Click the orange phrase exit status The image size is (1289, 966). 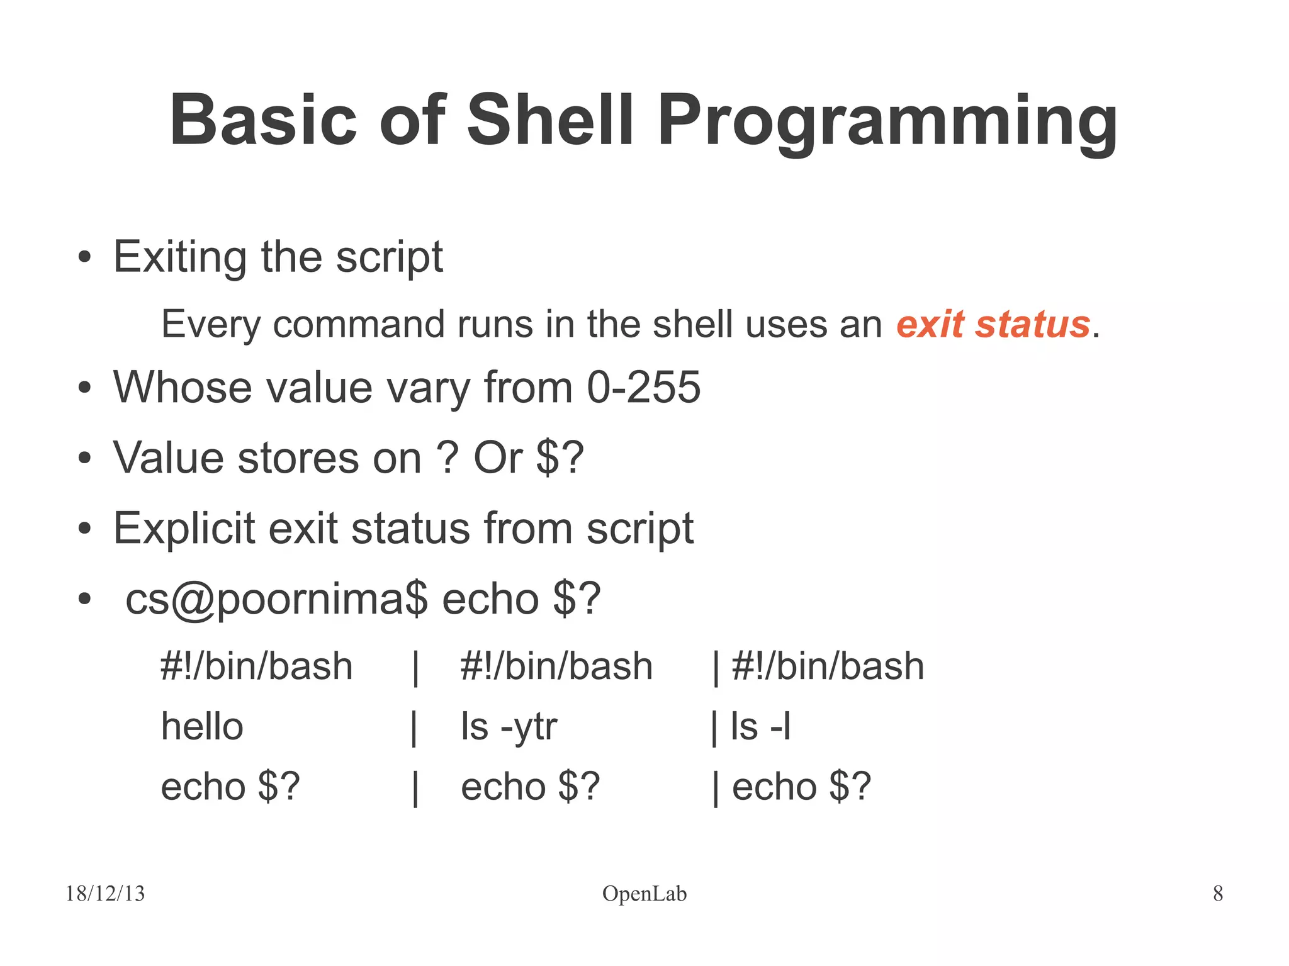coord(993,324)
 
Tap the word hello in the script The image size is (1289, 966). coord(202,726)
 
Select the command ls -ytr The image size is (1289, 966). coord(509,727)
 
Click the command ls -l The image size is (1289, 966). coord(760,727)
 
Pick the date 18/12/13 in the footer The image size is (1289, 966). coord(105,893)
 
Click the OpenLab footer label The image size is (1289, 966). coord(644,893)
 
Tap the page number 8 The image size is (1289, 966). coord(1217,893)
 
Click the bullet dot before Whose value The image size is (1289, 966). coord(84,388)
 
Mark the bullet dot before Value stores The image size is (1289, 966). coord(84,459)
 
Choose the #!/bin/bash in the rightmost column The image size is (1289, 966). coord(828,666)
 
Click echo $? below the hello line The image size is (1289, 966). coord(230,787)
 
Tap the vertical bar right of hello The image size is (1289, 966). coord(414,727)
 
